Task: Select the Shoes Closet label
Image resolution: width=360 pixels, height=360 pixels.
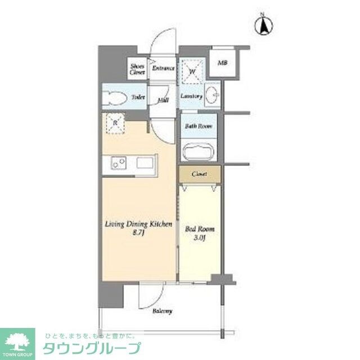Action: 137,69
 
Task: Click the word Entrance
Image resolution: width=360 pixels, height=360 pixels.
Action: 164,69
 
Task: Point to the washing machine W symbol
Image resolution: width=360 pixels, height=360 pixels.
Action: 192,71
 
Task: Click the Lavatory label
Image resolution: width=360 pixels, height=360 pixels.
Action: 191,97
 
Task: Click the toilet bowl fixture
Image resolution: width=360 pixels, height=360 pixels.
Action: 115,97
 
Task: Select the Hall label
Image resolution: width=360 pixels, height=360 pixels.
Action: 163,100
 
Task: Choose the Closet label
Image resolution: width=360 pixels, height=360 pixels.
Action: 199,174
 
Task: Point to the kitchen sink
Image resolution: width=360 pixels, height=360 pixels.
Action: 144,164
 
